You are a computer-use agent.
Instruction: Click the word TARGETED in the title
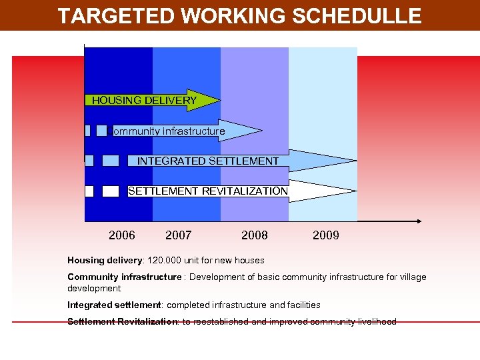pyautogui.click(x=107, y=16)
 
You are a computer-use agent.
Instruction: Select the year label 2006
pyautogui.click(x=122, y=235)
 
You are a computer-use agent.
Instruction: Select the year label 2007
pyautogui.click(x=178, y=235)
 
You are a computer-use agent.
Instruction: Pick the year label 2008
pyautogui.click(x=255, y=235)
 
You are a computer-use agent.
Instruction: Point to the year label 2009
pyautogui.click(x=325, y=235)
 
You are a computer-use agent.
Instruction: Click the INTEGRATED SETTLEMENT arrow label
pyautogui.click(x=208, y=161)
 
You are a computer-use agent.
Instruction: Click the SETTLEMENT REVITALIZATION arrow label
pyautogui.click(x=208, y=191)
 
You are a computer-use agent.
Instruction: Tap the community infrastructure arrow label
pyautogui.click(x=169, y=131)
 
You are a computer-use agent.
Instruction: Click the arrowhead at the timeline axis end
pyautogui.click(x=418, y=221)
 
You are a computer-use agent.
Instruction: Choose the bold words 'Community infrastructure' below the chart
pyautogui.click(x=124, y=277)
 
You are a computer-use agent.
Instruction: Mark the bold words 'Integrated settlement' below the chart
pyautogui.click(x=114, y=305)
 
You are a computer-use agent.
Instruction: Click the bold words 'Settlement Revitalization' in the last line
pyautogui.click(x=122, y=321)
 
